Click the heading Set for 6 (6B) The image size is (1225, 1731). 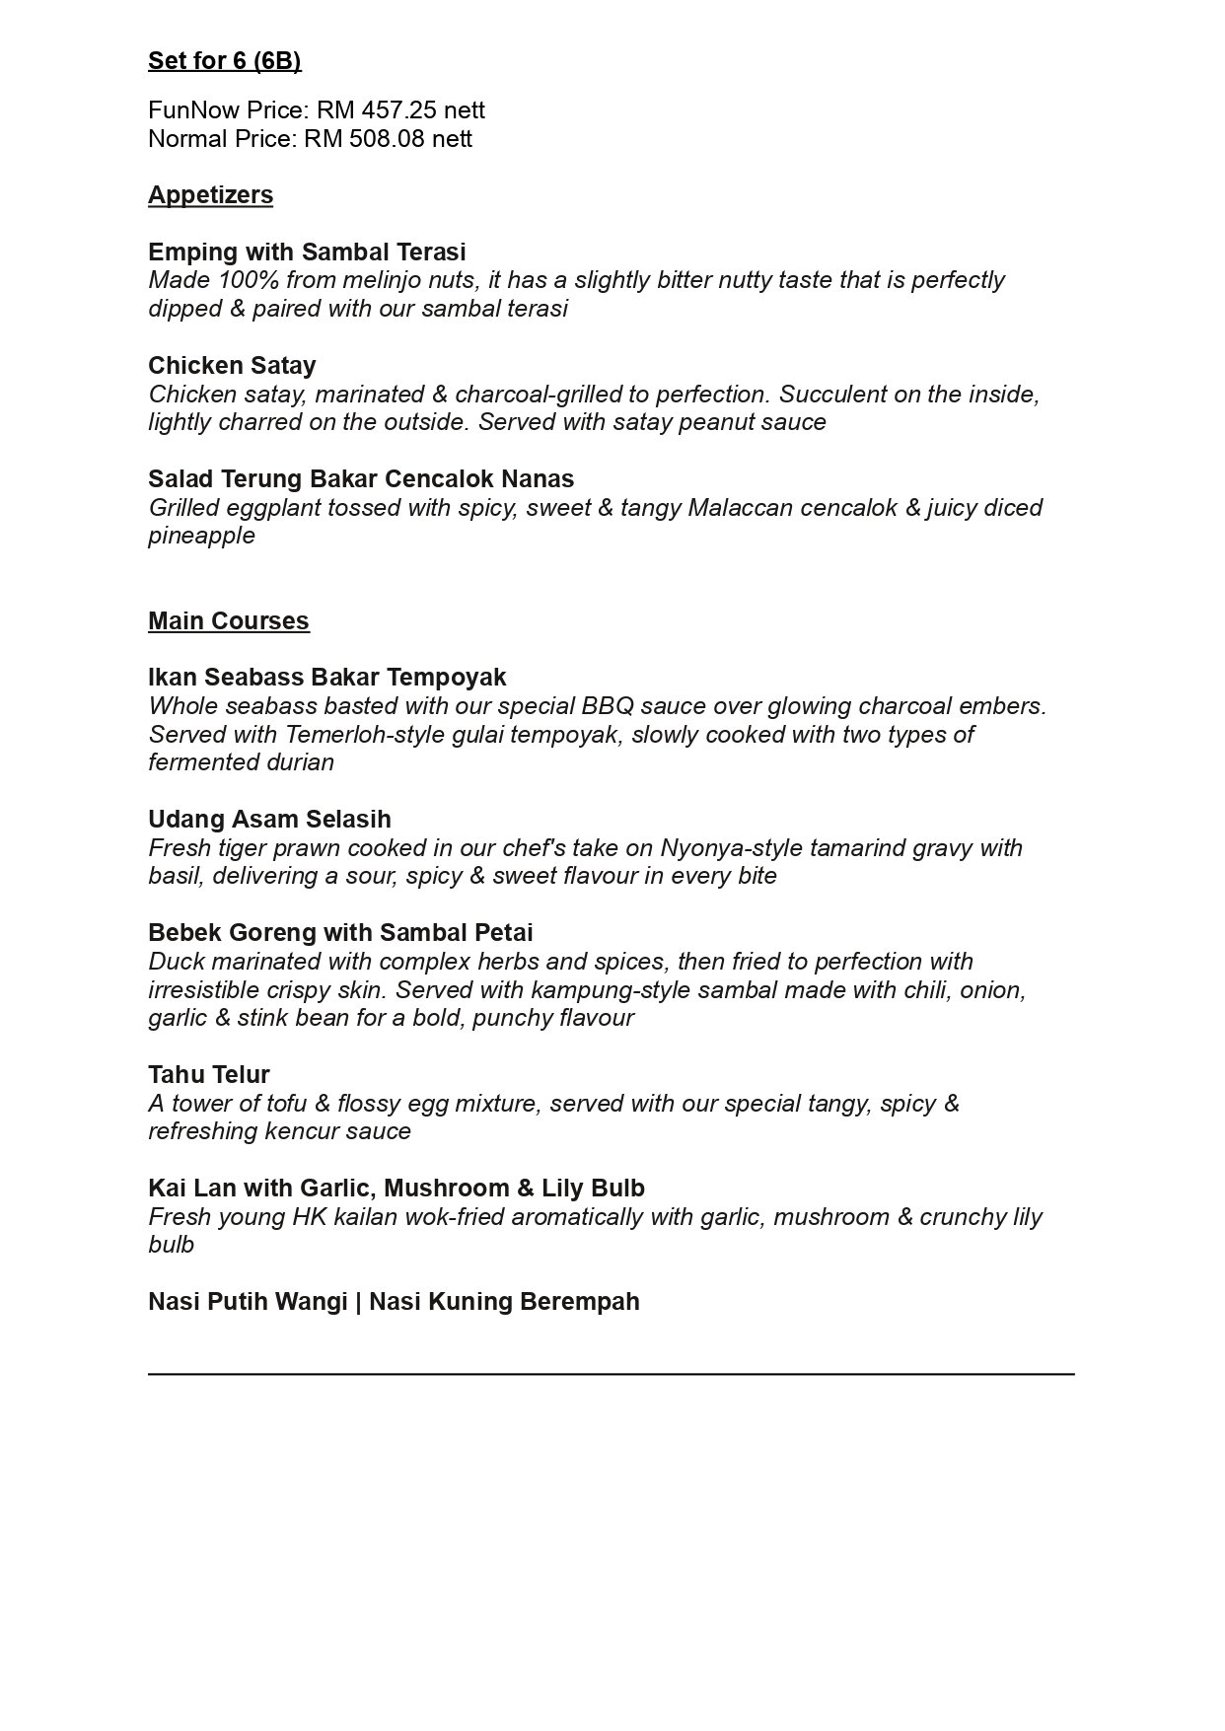tap(224, 61)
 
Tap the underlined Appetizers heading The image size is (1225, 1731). tap(210, 195)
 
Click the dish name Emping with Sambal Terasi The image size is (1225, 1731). tap(307, 252)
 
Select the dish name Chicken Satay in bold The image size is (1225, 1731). tap(232, 366)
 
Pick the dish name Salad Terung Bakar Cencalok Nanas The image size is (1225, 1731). tap(361, 479)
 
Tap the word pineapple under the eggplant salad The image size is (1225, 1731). tap(201, 536)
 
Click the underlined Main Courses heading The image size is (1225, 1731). tap(228, 621)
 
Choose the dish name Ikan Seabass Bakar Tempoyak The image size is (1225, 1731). tap(326, 678)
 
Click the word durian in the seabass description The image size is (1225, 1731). tap(302, 762)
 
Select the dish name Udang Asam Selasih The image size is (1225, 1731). tap(269, 820)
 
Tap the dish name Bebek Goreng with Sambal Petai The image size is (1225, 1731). tap(340, 933)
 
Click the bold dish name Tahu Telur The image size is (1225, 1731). tap(208, 1075)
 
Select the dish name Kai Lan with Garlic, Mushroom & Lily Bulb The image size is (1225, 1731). tap(396, 1189)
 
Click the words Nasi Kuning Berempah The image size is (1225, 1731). tap(504, 1302)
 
